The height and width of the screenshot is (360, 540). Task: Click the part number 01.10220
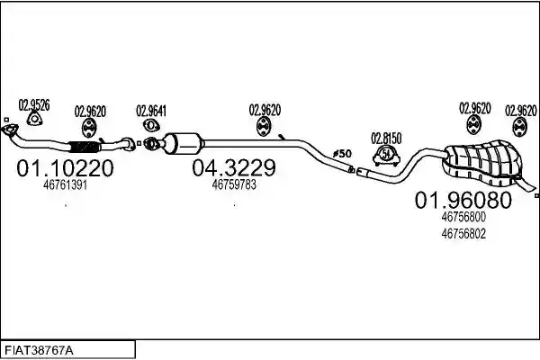[65, 168]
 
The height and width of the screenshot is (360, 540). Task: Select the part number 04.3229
[234, 168]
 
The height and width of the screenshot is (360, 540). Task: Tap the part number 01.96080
[463, 200]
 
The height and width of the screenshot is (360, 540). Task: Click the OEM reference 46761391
[65, 185]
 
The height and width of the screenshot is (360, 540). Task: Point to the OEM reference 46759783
[234, 185]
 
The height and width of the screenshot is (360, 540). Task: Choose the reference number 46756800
[463, 217]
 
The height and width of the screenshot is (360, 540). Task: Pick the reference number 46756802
[463, 234]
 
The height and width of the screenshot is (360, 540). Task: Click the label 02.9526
[34, 104]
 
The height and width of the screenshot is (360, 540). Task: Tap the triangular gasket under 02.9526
[34, 119]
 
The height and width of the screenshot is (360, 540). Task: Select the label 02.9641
[151, 111]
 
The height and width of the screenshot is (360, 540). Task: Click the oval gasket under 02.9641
[150, 125]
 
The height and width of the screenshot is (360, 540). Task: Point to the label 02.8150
[386, 139]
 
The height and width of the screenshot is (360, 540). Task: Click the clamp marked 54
[386, 156]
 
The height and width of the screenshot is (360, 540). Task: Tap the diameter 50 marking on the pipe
[342, 154]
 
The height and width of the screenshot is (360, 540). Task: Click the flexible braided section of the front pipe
[85, 147]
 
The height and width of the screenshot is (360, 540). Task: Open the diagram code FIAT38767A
[39, 351]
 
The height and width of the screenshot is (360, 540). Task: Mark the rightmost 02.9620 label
[521, 111]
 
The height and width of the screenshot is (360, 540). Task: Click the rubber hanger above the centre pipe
[264, 126]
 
